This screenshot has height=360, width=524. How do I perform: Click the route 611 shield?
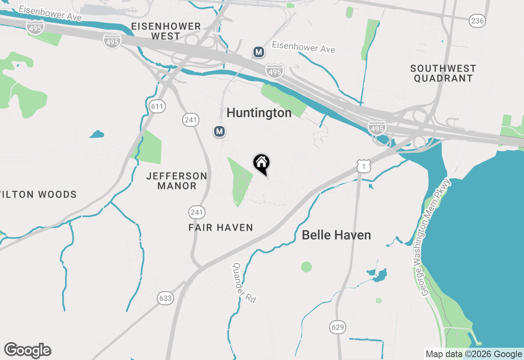pos(157,107)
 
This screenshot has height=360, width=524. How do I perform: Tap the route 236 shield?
pos(477,21)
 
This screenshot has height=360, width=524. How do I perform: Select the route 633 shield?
pos(165,298)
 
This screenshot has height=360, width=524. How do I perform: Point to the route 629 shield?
pos(338,327)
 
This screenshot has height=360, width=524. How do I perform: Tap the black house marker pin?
pos(262,164)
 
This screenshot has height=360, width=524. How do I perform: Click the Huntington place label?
pos(259,113)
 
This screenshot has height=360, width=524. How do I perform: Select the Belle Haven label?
pos(336,235)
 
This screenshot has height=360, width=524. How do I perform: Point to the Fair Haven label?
pos(221,227)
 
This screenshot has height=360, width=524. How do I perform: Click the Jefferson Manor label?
pos(177,181)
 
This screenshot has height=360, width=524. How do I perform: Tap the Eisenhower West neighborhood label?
pos(166,31)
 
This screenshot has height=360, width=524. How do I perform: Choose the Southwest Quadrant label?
pos(443,73)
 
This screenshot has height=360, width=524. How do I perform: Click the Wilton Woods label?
pos(38,195)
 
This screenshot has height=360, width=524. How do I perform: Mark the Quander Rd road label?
pos(244,283)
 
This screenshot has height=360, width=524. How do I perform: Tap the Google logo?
pos(28,351)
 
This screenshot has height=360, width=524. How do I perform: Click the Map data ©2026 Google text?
pos(474,354)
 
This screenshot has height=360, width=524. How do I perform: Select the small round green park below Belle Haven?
pos(306,267)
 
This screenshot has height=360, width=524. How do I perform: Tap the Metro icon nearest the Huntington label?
pos(220,131)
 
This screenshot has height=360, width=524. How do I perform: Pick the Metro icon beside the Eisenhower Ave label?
pos(258,52)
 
